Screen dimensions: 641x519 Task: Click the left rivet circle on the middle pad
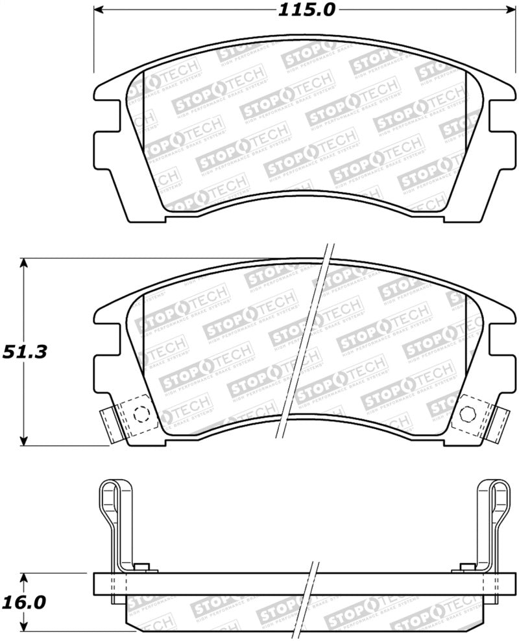[138, 414]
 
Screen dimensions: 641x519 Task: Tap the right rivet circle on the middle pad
[465, 414]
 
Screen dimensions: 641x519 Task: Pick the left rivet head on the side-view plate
[144, 568]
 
